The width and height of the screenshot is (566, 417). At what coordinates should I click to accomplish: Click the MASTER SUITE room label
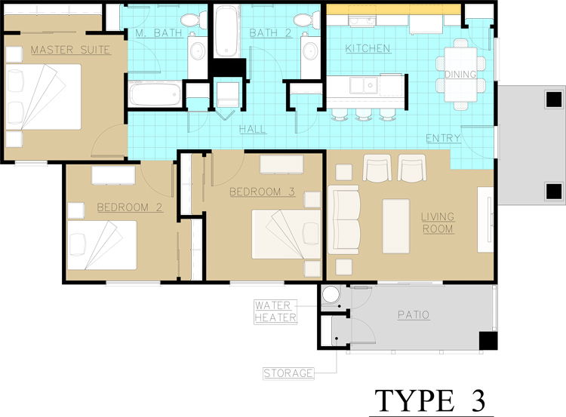70,51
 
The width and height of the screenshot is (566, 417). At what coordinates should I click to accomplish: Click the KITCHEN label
368,49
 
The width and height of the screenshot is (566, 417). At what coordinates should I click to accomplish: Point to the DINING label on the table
460,74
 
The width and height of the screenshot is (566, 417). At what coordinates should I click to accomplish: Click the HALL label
252,130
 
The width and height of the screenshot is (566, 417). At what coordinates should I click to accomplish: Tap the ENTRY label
444,138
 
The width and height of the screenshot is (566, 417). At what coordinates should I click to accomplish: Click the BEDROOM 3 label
262,192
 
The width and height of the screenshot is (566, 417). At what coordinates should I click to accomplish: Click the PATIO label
414,314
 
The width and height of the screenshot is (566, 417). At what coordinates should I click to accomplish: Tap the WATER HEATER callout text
275,311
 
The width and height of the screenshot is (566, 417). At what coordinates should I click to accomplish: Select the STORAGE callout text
288,373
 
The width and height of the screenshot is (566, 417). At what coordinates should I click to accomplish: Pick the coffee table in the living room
397,225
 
